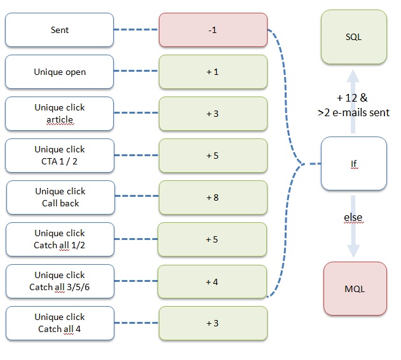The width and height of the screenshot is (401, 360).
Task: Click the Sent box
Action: (59, 30)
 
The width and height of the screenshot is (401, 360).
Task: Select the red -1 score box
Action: (213, 30)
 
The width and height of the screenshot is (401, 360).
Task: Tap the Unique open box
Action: (59, 72)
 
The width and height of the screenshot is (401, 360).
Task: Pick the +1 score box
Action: (213, 72)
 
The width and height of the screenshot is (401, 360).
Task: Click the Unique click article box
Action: (59, 114)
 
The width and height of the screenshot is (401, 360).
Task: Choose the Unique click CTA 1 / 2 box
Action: (60, 156)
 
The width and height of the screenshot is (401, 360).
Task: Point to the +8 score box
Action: (213, 197)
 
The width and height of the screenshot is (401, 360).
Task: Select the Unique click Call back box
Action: (60, 197)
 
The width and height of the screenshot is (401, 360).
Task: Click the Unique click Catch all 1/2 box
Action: (60, 239)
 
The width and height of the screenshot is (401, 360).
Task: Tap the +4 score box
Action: (212, 281)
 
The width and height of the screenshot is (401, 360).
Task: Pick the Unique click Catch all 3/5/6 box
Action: (60, 281)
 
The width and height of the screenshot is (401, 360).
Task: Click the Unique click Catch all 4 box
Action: (60, 323)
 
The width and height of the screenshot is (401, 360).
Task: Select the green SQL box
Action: (354, 37)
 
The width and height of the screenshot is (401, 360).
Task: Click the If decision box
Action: (354, 164)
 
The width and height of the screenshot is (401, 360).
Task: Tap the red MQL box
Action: (355, 289)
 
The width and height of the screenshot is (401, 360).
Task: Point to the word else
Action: (353, 217)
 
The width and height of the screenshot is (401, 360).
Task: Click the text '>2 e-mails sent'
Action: (353, 112)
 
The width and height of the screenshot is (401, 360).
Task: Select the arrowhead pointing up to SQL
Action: (353, 76)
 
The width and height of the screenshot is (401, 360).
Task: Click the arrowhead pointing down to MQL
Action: (353, 251)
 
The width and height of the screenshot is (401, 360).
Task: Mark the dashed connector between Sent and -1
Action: (136, 30)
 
